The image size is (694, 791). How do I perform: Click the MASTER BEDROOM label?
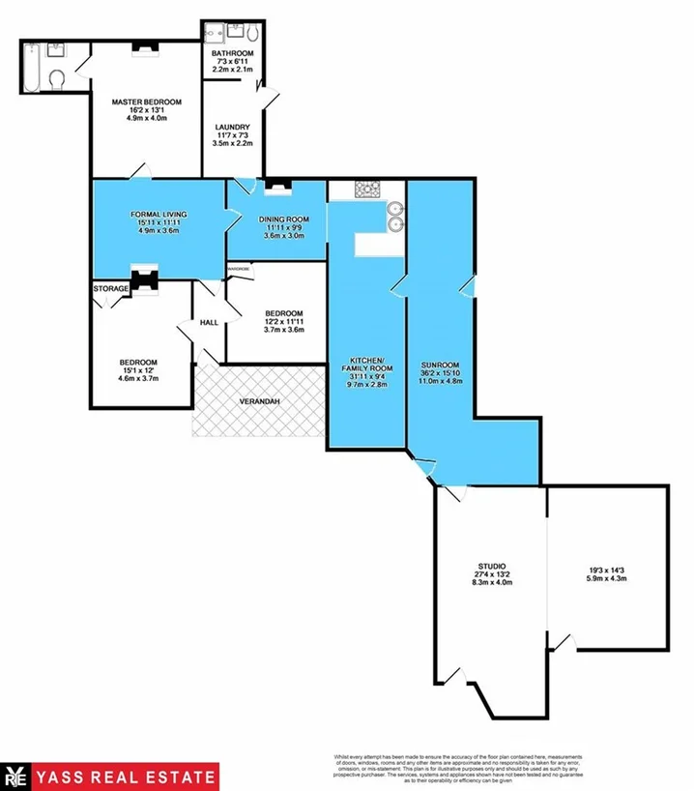146,101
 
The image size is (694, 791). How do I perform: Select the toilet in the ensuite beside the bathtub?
58,78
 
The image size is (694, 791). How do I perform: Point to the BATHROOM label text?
233,53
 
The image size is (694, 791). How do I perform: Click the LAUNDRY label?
233,127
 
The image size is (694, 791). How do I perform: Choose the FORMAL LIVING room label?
160,214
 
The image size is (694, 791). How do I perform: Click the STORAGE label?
111,288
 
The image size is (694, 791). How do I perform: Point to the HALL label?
210,323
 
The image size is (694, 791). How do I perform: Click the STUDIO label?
492,565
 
